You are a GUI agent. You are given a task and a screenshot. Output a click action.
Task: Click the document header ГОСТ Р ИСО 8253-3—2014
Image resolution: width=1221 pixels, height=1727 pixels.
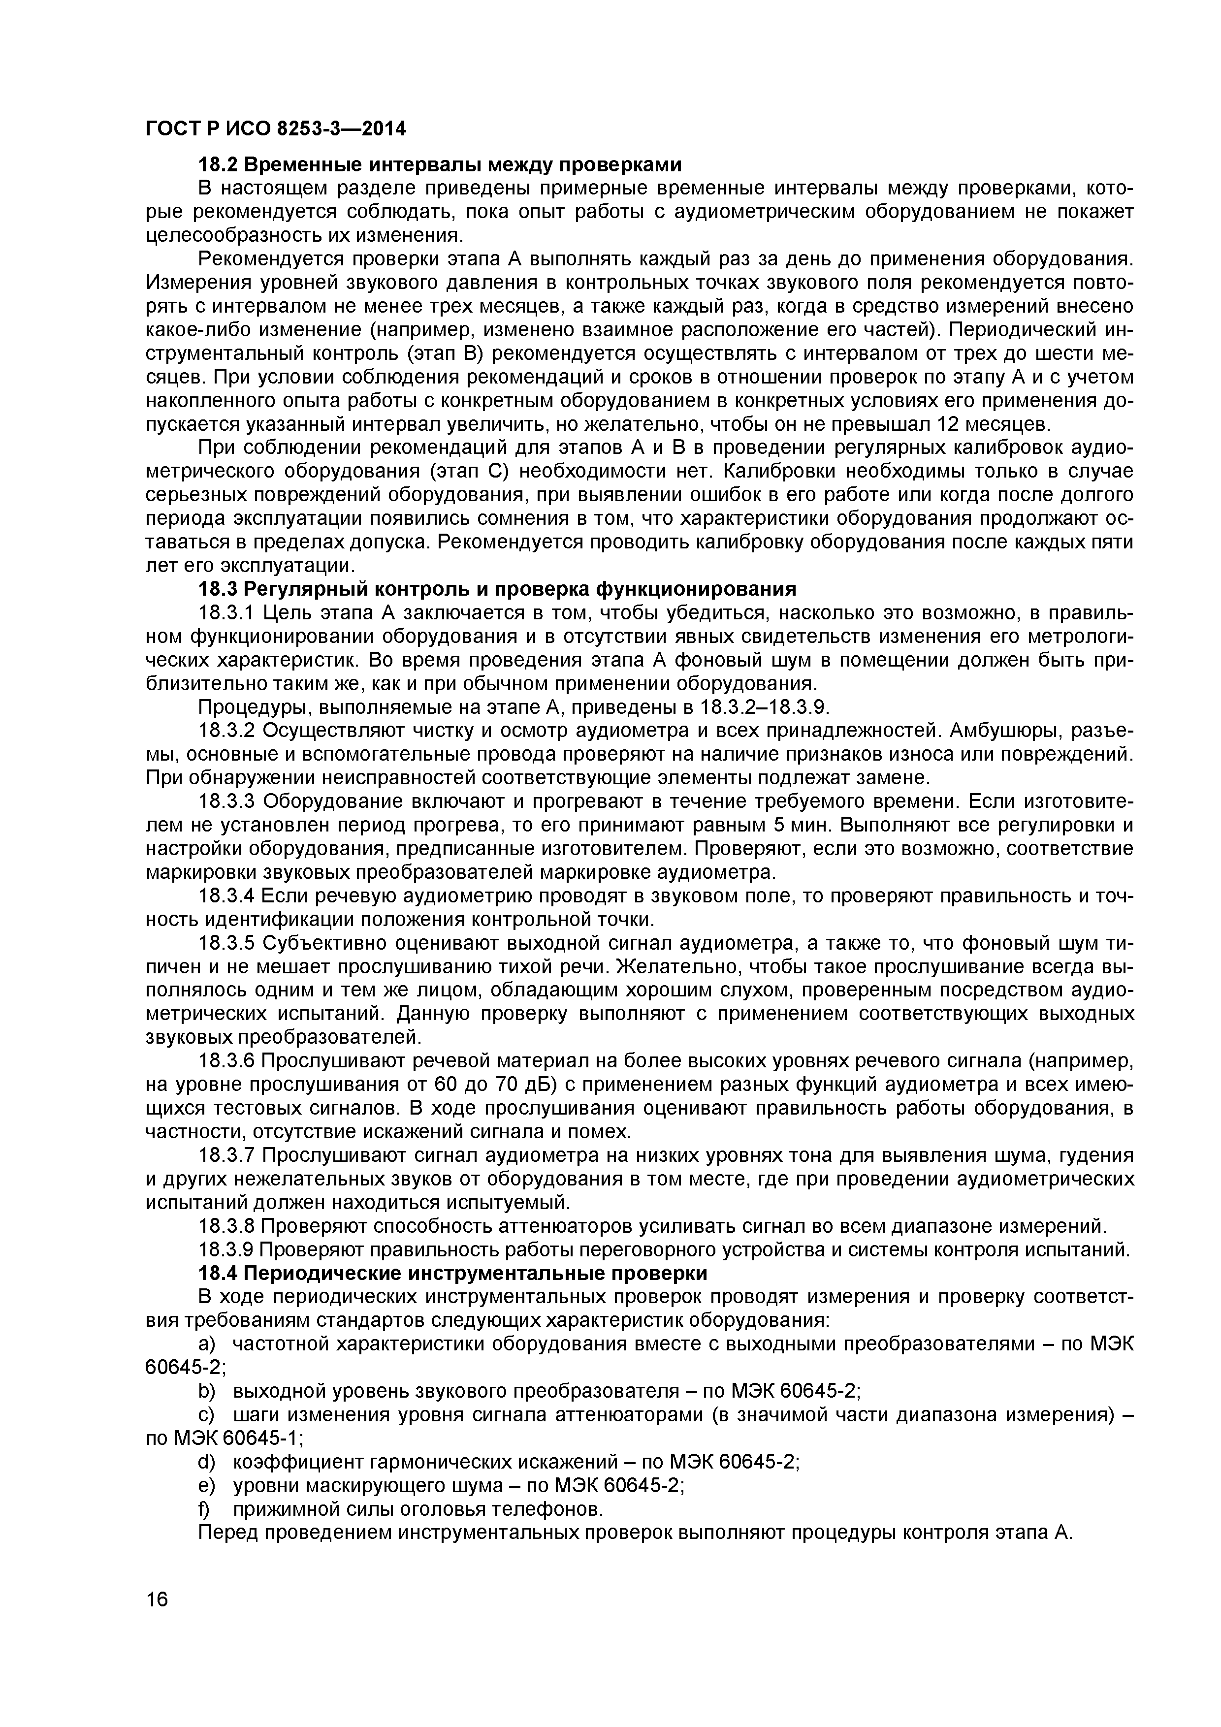275,129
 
